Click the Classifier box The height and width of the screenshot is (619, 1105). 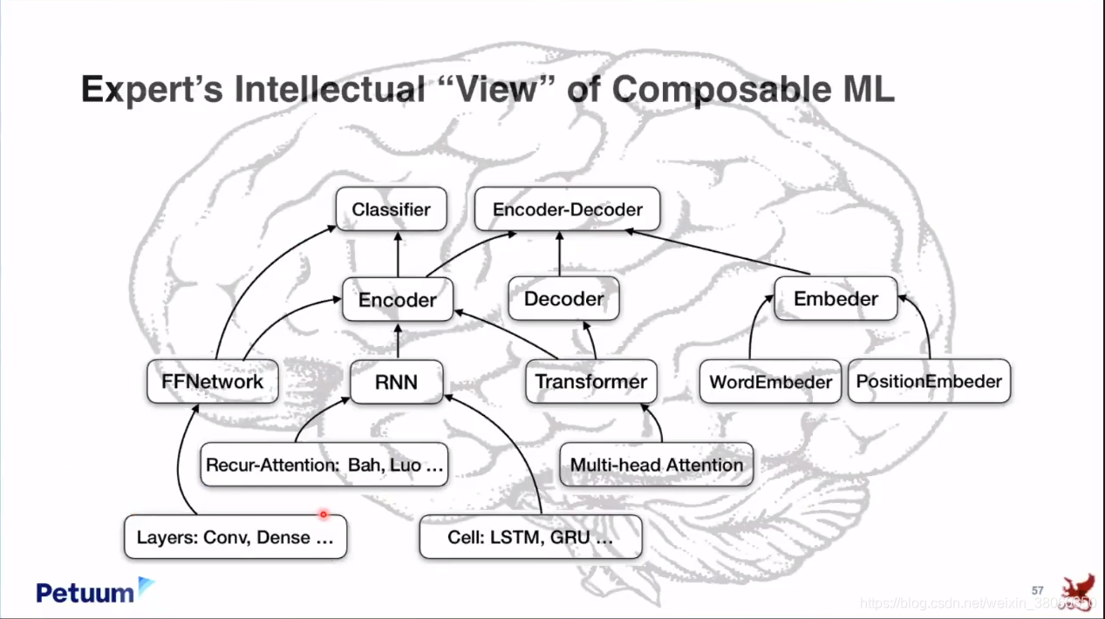point(391,209)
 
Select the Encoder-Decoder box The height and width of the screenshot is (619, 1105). point(567,209)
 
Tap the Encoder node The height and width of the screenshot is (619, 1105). point(398,299)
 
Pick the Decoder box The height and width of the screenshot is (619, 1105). point(563,299)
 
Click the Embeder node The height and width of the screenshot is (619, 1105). point(836,299)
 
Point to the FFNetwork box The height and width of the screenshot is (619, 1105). point(212,381)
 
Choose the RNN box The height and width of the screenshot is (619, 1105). point(397,381)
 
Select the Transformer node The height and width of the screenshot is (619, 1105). point(591,381)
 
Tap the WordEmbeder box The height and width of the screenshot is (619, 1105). point(770,381)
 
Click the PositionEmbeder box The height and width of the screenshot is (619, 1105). point(929,381)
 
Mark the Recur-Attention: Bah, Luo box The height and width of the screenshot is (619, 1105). point(324,465)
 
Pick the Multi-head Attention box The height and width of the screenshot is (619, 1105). point(656,465)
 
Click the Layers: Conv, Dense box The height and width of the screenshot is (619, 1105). point(235,537)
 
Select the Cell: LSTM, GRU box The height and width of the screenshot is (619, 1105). point(530,537)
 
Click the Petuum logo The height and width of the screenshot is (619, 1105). point(95,591)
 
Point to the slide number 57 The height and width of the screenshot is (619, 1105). point(1037,590)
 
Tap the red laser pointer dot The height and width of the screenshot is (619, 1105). point(323,514)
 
